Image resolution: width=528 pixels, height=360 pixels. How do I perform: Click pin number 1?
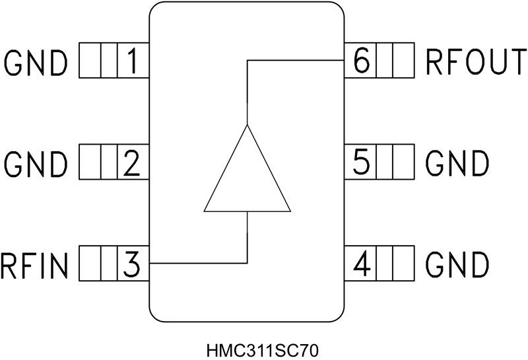(132, 61)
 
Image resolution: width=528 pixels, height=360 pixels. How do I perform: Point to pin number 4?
(361, 264)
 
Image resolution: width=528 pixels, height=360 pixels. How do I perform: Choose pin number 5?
(361, 163)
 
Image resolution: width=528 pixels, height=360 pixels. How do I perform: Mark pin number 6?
(361, 61)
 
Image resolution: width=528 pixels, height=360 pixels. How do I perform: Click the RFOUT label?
(475, 61)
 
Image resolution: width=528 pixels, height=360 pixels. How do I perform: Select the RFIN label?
(34, 266)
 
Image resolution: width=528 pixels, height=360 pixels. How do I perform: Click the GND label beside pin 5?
(457, 163)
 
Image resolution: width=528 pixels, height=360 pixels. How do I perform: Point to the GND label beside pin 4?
(457, 264)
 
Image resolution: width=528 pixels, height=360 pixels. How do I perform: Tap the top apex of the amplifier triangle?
(247, 124)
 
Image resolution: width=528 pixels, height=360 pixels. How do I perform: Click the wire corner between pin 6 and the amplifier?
(247, 60)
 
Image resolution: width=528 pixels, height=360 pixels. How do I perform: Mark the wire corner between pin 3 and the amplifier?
(247, 264)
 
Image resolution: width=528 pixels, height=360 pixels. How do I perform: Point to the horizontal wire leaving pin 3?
(198, 264)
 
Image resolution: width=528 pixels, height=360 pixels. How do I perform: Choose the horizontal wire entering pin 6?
(297, 60)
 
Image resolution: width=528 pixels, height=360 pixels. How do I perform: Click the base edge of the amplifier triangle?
(247, 211)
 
